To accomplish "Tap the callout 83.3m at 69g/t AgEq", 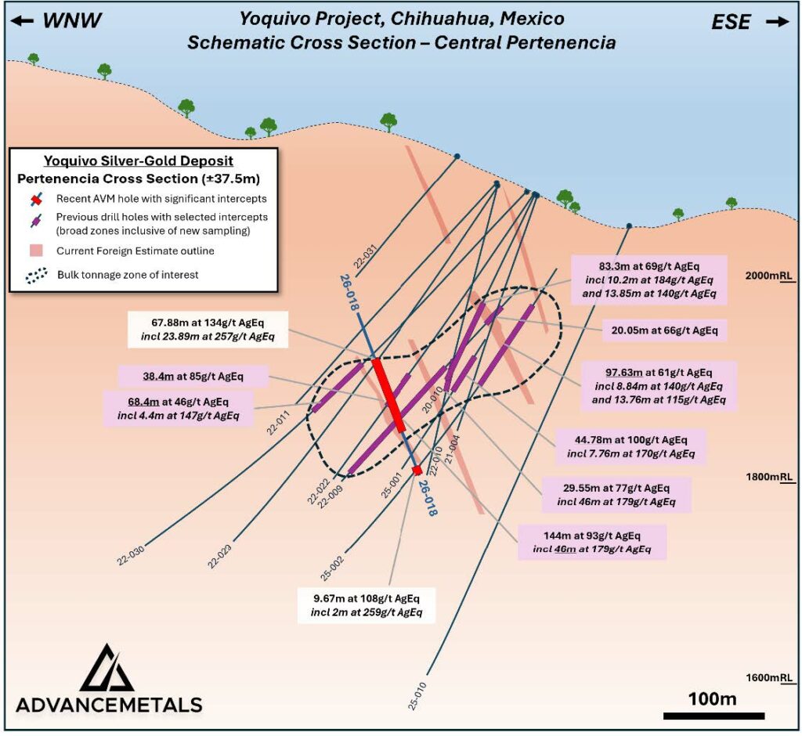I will coord(648,279).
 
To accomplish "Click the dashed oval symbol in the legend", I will coord(34,276).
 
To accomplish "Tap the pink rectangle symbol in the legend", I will coord(33,251).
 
